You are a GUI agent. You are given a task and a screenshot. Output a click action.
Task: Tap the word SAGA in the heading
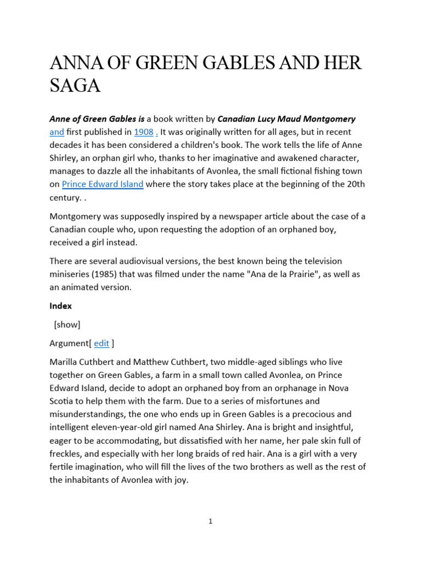click(x=75, y=87)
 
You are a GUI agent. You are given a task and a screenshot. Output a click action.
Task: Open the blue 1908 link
click(x=144, y=132)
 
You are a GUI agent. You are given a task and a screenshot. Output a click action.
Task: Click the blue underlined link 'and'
click(x=57, y=132)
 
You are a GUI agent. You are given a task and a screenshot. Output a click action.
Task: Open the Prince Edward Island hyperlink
click(x=103, y=185)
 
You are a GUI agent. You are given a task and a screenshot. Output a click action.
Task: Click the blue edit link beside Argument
click(x=101, y=344)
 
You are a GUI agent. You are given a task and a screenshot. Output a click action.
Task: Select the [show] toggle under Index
click(x=67, y=325)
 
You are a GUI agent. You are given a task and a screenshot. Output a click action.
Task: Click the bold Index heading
click(x=60, y=306)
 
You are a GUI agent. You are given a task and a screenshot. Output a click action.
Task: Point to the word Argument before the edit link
click(x=70, y=344)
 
